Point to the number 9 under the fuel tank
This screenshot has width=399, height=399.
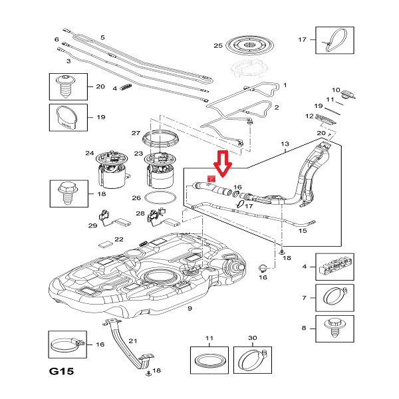(190, 309)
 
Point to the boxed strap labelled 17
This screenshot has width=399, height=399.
(331, 39)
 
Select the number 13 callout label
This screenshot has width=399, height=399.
(285, 144)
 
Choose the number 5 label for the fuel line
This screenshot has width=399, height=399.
(102, 37)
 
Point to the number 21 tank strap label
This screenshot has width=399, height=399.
(133, 341)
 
